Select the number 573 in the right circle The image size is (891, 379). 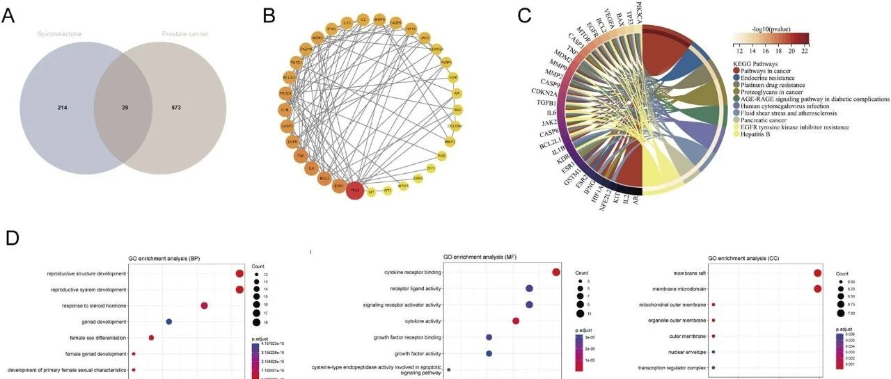click(x=180, y=108)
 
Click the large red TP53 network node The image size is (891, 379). click(x=354, y=189)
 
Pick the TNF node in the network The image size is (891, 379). click(x=301, y=157)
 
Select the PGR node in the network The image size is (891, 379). click(x=441, y=156)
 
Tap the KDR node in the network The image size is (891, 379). click(x=453, y=77)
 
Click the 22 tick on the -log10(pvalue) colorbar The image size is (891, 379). click(x=805, y=51)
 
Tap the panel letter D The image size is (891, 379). click(x=12, y=238)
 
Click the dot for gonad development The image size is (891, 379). click(x=169, y=322)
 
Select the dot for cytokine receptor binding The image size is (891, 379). click(x=556, y=272)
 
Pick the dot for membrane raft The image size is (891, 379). click(x=817, y=273)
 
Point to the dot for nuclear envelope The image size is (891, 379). click(x=713, y=352)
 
